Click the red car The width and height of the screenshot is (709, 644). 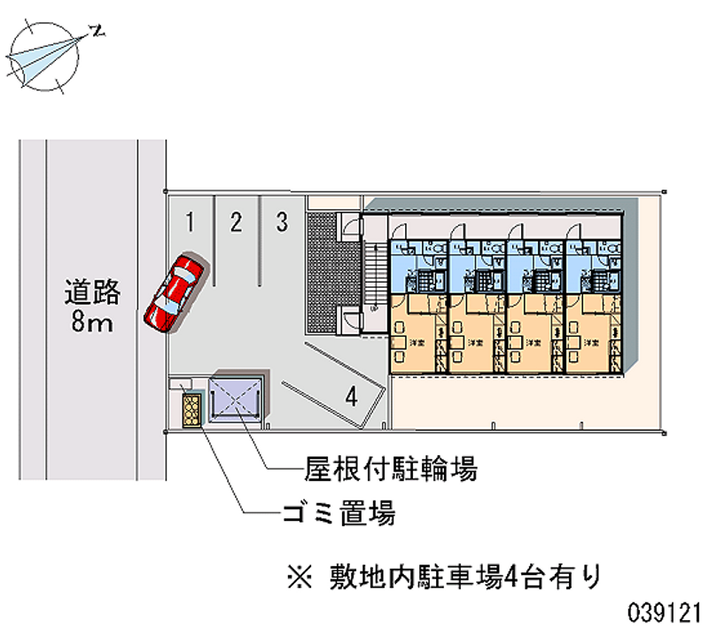(175, 292)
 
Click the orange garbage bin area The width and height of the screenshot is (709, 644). (191, 411)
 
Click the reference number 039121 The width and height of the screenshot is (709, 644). (665, 611)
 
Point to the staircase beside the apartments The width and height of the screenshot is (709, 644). (373, 275)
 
